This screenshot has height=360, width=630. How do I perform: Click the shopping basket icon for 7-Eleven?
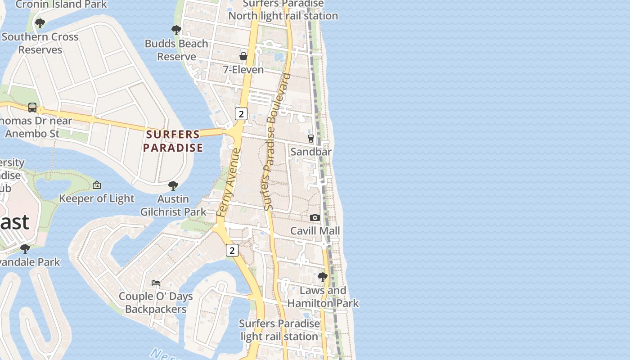243,56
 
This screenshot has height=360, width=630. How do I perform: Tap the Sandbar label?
311,152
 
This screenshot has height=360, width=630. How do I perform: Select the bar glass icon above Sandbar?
310,138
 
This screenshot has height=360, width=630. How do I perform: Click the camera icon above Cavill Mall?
315,218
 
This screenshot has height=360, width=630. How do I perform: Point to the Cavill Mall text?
315,231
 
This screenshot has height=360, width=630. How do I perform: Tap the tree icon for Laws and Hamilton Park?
323,277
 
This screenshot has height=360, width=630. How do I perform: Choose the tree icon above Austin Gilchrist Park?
173,185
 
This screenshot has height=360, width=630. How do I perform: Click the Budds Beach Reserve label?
176,50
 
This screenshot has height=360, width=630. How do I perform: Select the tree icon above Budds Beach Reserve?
176,30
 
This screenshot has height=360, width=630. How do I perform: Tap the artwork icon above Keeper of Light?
97,185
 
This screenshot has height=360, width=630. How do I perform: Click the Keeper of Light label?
97,198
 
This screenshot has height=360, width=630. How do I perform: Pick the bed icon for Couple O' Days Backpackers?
156,283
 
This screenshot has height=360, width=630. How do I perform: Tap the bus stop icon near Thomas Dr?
32,107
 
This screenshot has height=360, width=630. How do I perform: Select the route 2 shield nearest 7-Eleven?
241,114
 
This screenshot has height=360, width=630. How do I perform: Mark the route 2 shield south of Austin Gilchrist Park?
232,250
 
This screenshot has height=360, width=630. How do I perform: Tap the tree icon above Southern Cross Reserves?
40,23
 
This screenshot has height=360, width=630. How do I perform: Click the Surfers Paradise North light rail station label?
283,10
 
